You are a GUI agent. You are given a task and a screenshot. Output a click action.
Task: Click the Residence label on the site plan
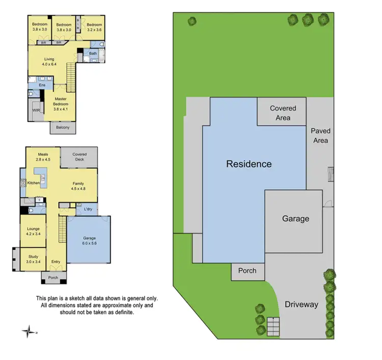point(249,164)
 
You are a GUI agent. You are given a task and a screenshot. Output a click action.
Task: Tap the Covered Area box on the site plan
point(283,113)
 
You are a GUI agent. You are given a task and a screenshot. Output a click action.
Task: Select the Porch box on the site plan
point(248,271)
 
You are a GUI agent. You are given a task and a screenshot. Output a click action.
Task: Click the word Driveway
point(301,304)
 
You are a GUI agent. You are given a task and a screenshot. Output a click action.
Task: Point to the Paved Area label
point(320,136)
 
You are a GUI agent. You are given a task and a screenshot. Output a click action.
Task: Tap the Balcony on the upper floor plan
point(63,127)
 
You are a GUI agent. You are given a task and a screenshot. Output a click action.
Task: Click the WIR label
point(36,110)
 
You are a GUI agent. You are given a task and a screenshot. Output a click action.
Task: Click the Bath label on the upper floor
point(93,54)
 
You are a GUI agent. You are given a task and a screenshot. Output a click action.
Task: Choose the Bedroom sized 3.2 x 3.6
point(94,27)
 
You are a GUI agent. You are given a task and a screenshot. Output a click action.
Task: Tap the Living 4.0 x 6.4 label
point(50,62)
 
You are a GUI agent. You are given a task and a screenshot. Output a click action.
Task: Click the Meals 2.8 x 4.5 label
point(43,156)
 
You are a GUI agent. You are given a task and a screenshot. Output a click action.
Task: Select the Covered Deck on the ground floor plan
point(79,157)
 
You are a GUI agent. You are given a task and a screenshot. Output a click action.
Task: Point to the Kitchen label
point(34,183)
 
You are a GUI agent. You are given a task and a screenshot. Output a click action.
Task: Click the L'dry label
point(87,210)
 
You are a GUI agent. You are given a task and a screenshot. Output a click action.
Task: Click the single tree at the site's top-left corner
point(192,21)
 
